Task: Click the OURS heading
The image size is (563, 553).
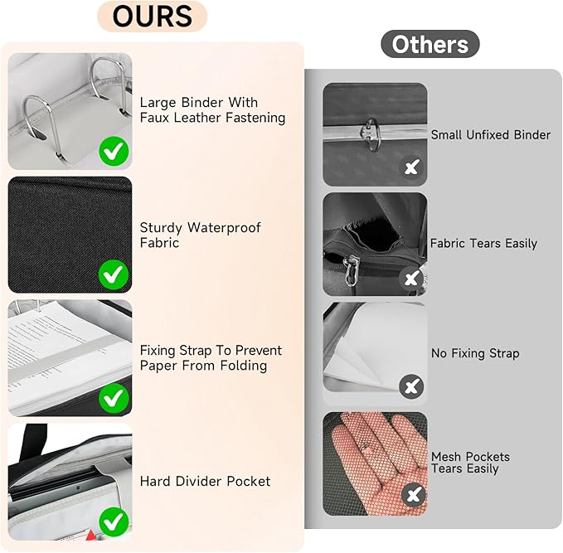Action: (x=152, y=17)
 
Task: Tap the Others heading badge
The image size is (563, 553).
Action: (x=430, y=45)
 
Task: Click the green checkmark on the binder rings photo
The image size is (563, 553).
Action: (x=114, y=152)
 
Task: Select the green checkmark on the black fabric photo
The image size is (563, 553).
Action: (x=114, y=274)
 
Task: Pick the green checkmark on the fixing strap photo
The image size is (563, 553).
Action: (x=114, y=398)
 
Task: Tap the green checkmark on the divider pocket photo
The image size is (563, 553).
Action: (x=114, y=522)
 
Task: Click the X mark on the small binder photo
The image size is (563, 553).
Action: (x=411, y=168)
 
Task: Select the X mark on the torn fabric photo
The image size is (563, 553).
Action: (x=411, y=279)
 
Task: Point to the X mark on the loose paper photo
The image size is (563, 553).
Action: (x=411, y=386)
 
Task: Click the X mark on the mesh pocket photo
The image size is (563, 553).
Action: (x=413, y=496)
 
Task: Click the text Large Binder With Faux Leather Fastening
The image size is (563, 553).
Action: (x=212, y=110)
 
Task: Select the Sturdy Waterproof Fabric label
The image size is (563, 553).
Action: (x=200, y=235)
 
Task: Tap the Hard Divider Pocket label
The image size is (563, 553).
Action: (x=205, y=481)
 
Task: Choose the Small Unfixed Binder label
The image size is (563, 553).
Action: (x=490, y=134)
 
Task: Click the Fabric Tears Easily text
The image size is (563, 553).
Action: (x=483, y=244)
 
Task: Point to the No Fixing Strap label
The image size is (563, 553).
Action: (x=475, y=353)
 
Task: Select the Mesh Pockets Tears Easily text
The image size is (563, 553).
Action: (x=470, y=463)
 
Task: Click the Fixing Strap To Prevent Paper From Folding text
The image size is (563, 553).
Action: (x=211, y=358)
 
